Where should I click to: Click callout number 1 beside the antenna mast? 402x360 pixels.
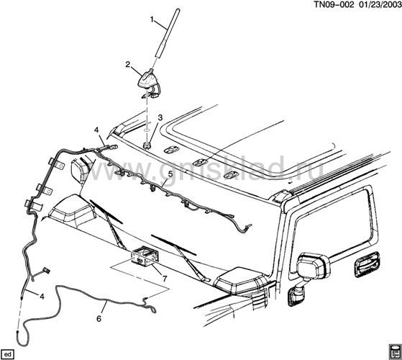point(152,19)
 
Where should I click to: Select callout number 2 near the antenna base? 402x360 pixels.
point(128,64)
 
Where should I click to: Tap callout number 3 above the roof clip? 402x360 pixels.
point(160,118)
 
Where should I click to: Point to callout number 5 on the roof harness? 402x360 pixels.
point(170,174)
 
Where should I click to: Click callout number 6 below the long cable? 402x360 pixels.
point(99,318)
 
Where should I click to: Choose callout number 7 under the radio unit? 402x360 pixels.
point(165,279)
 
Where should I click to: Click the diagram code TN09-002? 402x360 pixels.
point(334,4)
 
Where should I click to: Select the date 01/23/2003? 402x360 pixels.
point(378,4)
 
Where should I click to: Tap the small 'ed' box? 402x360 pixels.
point(8,355)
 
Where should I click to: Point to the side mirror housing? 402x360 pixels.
point(314,266)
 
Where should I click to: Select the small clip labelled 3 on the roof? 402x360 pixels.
point(147,145)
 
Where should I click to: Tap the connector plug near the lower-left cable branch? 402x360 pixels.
point(47,270)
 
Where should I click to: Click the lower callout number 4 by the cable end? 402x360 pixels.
point(42,297)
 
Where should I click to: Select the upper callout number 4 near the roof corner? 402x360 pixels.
point(96,130)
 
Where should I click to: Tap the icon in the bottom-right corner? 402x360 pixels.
point(394,352)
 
